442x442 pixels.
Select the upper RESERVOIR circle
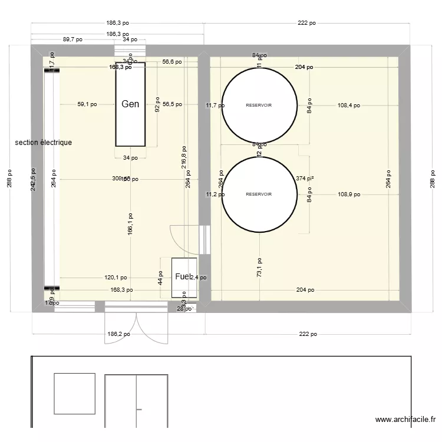(259, 105)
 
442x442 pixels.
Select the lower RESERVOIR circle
(259, 194)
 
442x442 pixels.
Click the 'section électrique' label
(44, 143)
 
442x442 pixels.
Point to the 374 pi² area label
(305, 178)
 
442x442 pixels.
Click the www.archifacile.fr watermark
(405, 420)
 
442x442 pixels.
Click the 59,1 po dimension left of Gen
(88, 104)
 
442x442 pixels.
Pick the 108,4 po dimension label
(349, 105)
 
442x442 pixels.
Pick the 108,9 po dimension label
(349, 194)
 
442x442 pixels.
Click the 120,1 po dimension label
(116, 277)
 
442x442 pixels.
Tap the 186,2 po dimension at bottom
(118, 334)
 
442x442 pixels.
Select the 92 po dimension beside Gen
(157, 104)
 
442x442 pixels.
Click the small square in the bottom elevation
(74, 393)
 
